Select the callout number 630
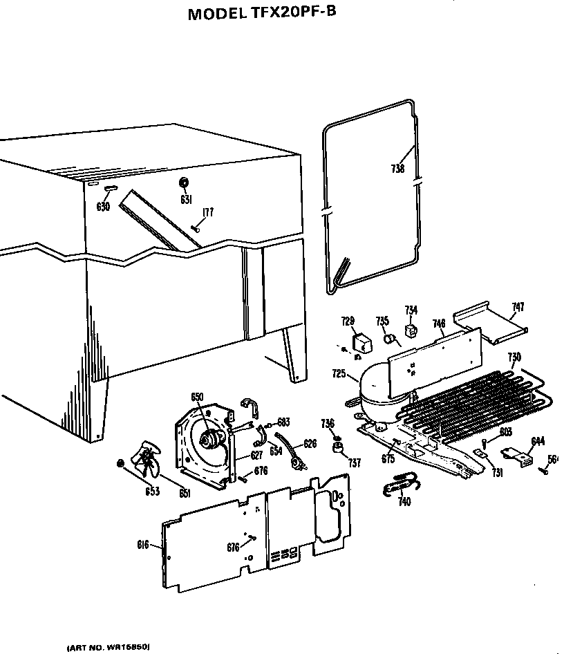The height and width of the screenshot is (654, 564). click(x=103, y=206)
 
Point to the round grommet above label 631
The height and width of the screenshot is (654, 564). click(x=185, y=182)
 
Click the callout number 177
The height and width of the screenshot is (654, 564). click(x=207, y=212)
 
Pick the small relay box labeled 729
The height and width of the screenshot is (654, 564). click(x=361, y=342)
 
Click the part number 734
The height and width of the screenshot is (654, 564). click(x=411, y=310)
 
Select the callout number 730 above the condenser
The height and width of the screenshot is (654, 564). click(x=514, y=357)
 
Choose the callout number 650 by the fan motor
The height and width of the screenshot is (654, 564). click(x=197, y=396)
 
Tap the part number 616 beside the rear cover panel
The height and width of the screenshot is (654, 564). click(x=143, y=545)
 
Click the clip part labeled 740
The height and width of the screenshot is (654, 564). click(x=395, y=487)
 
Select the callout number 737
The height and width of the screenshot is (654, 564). click(x=355, y=463)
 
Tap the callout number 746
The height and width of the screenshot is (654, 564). click(x=438, y=323)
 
